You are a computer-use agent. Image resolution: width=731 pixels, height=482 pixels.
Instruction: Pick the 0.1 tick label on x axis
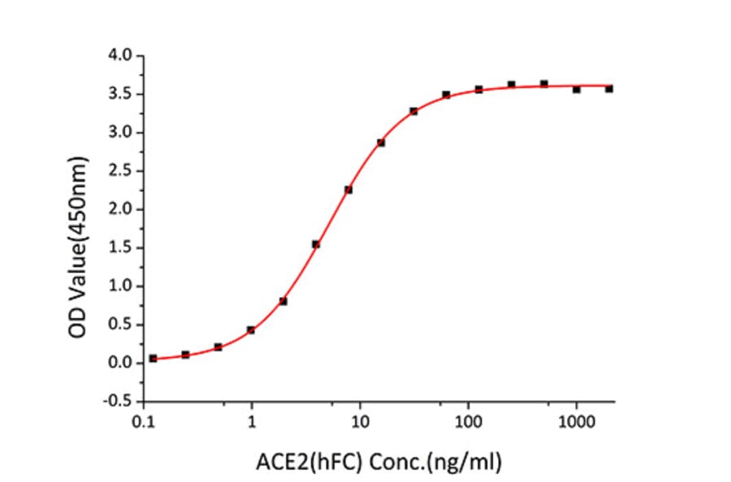click(x=145, y=422)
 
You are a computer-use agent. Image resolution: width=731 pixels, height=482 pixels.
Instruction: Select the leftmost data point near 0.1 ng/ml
click(x=154, y=358)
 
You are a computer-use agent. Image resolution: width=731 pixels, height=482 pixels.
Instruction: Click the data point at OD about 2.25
click(x=348, y=190)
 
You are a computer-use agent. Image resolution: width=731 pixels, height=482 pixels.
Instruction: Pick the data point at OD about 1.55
click(x=316, y=244)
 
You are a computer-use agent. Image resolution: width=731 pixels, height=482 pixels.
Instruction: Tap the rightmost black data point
click(x=609, y=88)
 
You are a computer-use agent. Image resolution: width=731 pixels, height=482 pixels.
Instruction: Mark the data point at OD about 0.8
click(x=283, y=301)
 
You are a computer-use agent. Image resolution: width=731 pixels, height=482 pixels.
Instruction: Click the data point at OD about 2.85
click(x=381, y=143)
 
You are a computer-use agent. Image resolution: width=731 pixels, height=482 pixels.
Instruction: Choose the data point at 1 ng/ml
click(x=251, y=329)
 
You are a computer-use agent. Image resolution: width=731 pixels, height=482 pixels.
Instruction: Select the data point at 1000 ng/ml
click(x=577, y=89)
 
